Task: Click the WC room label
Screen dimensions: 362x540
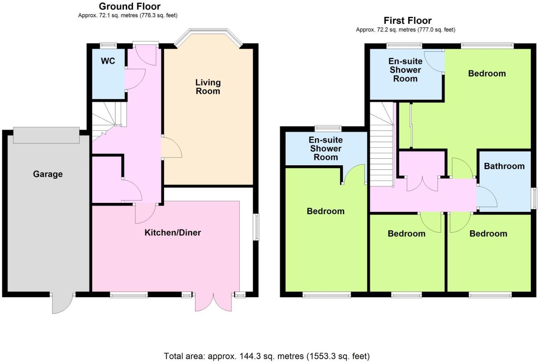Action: coord(108,61)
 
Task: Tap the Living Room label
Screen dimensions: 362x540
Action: coord(208,87)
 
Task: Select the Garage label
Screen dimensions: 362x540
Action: coord(48,174)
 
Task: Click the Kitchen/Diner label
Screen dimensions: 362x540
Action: coord(173,232)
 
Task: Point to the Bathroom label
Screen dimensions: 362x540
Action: coord(504,166)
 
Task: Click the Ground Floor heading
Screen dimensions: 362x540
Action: coord(130,6)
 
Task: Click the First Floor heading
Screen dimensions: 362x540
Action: coord(407,20)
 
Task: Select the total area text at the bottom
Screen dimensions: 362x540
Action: coord(267,356)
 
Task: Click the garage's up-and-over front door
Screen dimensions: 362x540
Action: coord(46,135)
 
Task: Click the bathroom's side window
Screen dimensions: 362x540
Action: coord(534,198)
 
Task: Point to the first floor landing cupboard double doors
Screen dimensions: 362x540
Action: coord(422,184)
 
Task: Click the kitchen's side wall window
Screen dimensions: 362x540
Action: coord(256,227)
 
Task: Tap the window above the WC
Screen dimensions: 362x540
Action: coord(108,45)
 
